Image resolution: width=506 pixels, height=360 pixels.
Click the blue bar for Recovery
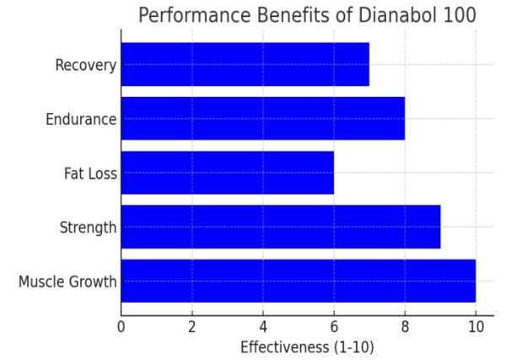pyautogui.click(x=245, y=64)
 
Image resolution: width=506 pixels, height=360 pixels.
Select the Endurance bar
pyautogui.click(x=262, y=118)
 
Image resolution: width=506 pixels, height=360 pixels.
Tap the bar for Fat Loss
pyautogui.click(x=227, y=173)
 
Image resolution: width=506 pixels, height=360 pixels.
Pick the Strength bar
pyautogui.click(x=280, y=227)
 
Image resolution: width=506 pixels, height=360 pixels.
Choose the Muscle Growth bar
pyautogui.click(x=298, y=281)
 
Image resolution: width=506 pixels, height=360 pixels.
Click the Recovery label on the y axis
pyautogui.click(x=85, y=65)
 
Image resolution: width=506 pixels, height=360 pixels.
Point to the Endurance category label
pyautogui.click(x=80, y=119)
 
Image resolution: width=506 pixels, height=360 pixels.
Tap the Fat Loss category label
pyautogui.click(x=90, y=174)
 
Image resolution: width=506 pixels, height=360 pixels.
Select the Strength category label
pyautogui.click(x=88, y=228)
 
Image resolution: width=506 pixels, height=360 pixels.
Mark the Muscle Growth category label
pyautogui.click(x=67, y=282)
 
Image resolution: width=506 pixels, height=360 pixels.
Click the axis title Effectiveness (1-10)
pyautogui.click(x=307, y=347)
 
